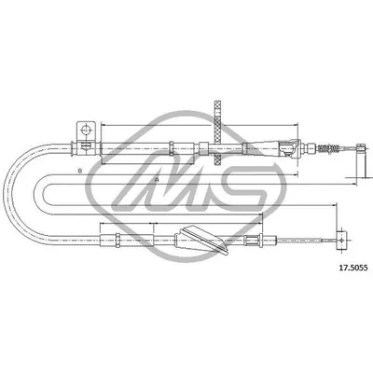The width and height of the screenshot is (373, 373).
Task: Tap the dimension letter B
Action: (x=81, y=171)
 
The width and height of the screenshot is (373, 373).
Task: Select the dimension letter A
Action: (x=158, y=179)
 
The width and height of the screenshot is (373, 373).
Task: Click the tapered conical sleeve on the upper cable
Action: (x=283, y=146)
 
